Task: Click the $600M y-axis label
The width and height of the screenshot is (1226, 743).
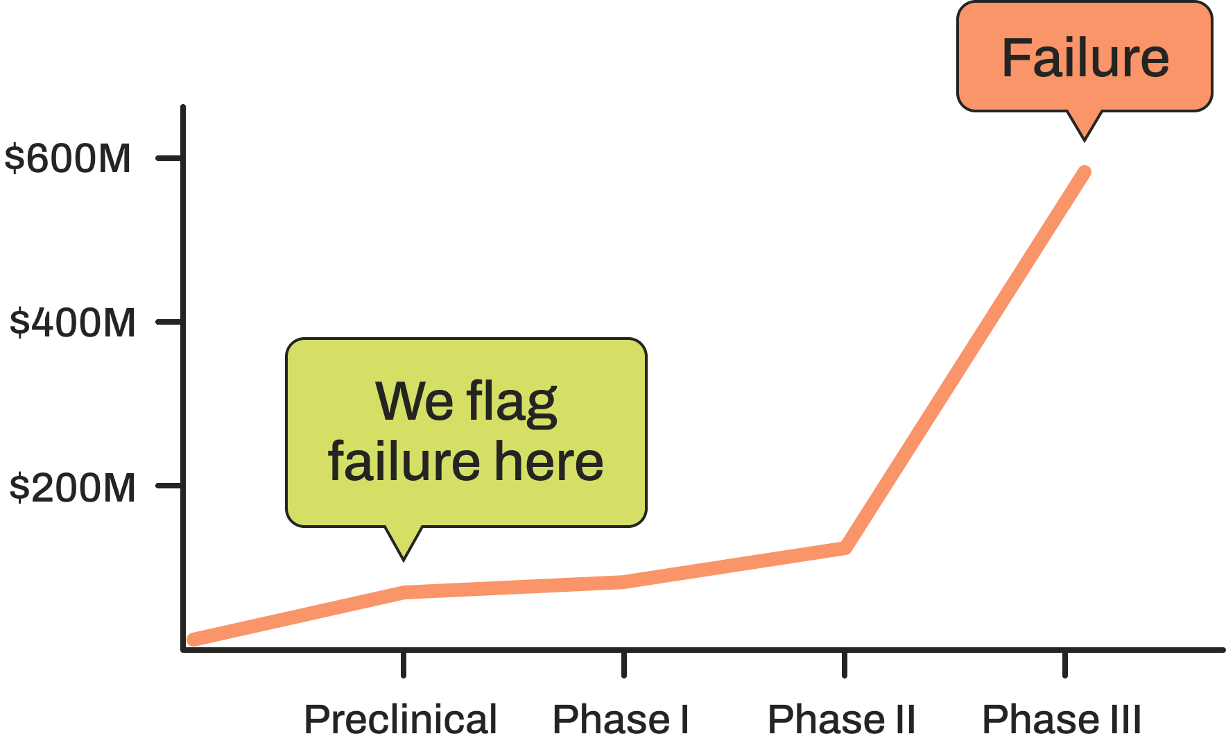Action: (68, 159)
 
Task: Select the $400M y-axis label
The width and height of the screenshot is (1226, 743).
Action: (73, 323)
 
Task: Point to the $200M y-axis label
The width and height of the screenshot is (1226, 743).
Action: (73, 488)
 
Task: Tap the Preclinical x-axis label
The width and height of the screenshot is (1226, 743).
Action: (401, 719)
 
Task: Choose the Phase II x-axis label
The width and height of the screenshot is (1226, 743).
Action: (842, 719)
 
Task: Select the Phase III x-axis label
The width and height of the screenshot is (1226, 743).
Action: (1062, 719)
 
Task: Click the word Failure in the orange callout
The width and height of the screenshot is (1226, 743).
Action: (1085, 58)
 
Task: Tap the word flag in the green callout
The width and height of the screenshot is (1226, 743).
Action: (512, 402)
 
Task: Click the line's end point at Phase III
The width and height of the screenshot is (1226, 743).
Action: (1086, 171)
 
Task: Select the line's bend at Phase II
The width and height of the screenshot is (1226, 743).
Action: (845, 548)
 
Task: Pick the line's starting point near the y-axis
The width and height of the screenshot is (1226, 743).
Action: (193, 640)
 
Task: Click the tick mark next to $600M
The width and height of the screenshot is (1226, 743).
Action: (170, 158)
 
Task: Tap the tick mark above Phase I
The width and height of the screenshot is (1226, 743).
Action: (624, 665)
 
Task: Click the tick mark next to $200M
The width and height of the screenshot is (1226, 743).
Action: (170, 486)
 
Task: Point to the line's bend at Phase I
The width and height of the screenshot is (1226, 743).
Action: (624, 582)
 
